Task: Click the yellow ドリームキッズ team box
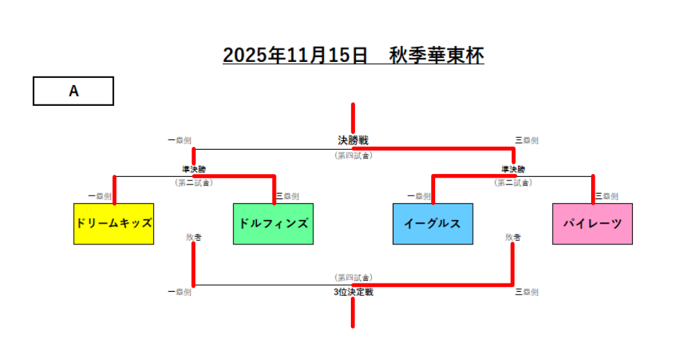coord(113,224)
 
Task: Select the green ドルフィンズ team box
coord(273,224)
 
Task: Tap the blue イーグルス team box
coord(432,224)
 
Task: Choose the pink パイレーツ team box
coord(592,224)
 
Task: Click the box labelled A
coord(73,91)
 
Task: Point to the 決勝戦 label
coord(353,141)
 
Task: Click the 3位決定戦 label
coord(353,292)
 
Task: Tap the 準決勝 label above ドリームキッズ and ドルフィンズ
coord(194,169)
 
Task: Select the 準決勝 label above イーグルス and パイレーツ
coord(513,169)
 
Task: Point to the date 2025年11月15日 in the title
coord(295,55)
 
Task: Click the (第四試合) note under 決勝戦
coord(353,155)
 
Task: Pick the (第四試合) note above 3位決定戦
coord(353,278)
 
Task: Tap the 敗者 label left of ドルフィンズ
coord(194,237)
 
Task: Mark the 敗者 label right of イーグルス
coord(513,237)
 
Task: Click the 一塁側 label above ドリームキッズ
coord(100,196)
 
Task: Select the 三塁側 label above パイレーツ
coord(606,196)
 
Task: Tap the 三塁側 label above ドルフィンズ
coord(288,196)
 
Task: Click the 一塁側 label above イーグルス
coord(419,196)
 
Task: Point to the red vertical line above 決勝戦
coord(353,117)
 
